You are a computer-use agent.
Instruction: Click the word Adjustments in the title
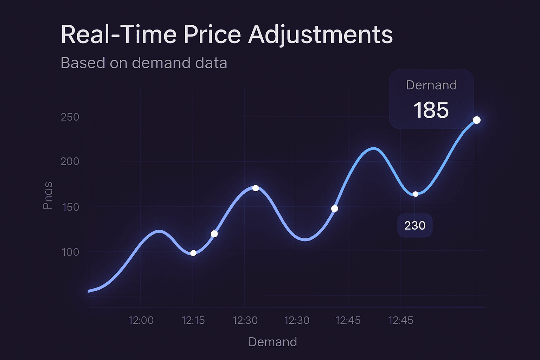[320, 35]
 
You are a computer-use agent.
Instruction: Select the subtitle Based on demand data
[144, 63]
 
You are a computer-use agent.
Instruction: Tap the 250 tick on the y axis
[70, 117]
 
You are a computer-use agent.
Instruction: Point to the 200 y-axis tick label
[70, 162]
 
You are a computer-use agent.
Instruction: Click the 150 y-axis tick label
[70, 207]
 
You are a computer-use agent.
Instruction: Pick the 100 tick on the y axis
[70, 252]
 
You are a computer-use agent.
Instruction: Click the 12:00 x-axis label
[141, 320]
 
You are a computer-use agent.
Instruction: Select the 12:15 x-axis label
[193, 320]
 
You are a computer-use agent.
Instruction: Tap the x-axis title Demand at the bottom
[272, 342]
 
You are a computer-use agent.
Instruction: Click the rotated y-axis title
[48, 195]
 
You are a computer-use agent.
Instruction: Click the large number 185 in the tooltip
[431, 110]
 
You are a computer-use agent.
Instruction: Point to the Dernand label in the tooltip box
[431, 85]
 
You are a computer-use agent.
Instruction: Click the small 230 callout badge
[415, 225]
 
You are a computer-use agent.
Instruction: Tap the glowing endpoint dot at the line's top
[477, 120]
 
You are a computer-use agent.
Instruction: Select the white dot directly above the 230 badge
[416, 194]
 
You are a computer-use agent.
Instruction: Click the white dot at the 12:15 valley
[193, 253]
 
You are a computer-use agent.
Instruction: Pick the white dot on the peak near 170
[256, 188]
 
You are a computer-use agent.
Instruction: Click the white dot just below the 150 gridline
[335, 209]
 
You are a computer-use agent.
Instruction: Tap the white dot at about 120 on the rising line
[214, 234]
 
